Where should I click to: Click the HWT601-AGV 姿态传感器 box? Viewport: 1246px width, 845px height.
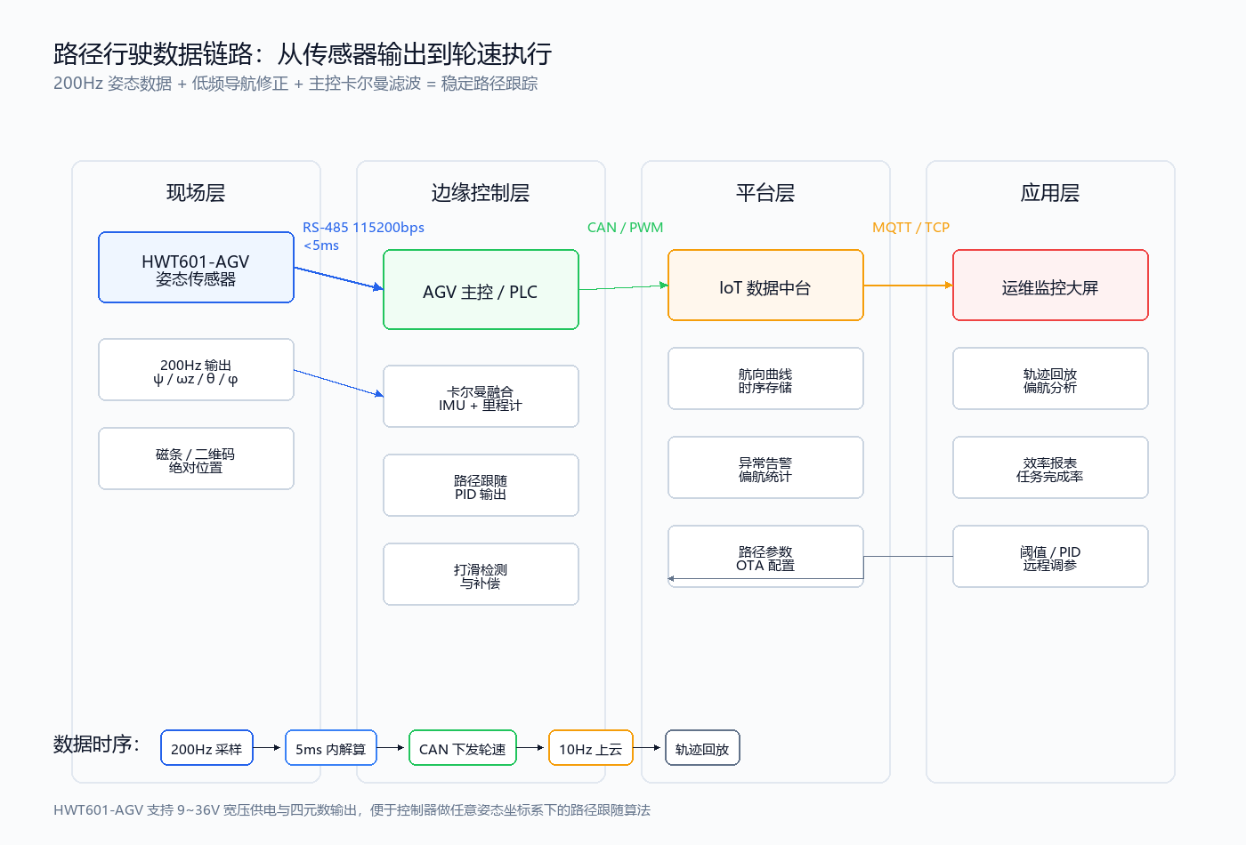pos(196,268)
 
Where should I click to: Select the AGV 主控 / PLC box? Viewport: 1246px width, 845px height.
pos(481,290)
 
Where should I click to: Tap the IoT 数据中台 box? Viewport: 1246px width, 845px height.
pos(765,286)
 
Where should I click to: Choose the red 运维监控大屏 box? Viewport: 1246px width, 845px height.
pos(1050,286)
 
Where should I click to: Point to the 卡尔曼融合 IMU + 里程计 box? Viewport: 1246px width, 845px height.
pos(481,397)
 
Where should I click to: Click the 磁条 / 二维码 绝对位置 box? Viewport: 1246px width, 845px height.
pos(196,459)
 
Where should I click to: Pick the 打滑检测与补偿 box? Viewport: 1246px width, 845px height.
pos(481,575)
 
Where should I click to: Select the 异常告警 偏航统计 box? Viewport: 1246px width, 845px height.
pos(765,468)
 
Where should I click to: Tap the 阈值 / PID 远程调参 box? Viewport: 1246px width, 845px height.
pos(1050,557)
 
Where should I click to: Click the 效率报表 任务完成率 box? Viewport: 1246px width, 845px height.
pos(1050,468)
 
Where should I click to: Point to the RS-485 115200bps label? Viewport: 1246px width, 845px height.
pos(363,228)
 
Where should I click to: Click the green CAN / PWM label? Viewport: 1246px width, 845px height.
pos(625,228)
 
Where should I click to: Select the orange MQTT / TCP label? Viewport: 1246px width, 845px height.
pos(910,228)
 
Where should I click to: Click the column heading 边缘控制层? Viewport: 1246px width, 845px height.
pos(481,193)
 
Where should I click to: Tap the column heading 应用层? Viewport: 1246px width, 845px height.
pos(1050,193)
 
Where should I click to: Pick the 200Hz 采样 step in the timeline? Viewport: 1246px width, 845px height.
pos(206,748)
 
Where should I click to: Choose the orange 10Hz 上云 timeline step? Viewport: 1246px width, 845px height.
pos(591,748)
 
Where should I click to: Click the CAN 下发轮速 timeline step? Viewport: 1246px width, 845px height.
pos(463,748)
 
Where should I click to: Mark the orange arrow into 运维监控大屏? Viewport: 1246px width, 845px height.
pos(908,286)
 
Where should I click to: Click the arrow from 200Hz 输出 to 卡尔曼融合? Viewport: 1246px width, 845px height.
pos(339,383)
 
